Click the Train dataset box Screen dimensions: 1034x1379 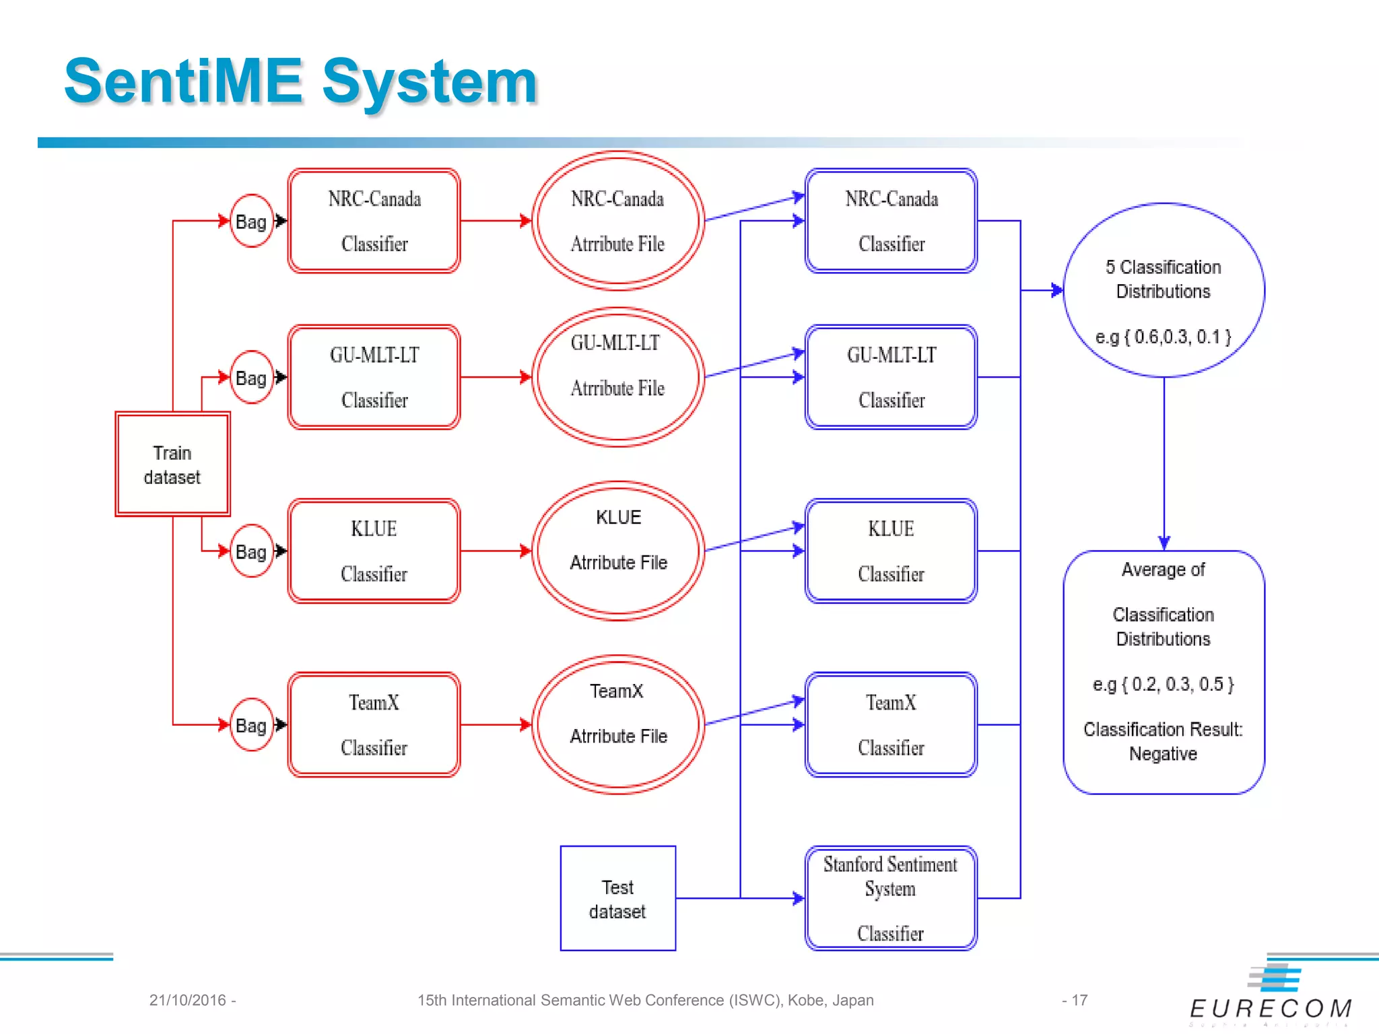pyautogui.click(x=172, y=464)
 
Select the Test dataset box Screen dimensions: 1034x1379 pyautogui.click(x=617, y=899)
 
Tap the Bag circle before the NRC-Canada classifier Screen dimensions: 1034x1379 pyautogui.click(x=250, y=221)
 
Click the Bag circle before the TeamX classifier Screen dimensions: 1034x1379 pyautogui.click(x=250, y=725)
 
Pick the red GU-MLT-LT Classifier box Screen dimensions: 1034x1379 pyautogui.click(x=374, y=377)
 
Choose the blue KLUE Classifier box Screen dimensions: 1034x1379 pyautogui.click(x=890, y=551)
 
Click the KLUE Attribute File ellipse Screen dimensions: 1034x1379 pyautogui.click(x=618, y=551)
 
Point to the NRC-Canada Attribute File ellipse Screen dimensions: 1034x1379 pyautogui.click(x=618, y=221)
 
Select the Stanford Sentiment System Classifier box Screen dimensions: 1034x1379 pyautogui.click(x=890, y=898)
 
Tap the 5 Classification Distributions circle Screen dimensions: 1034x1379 pyautogui.click(x=1163, y=289)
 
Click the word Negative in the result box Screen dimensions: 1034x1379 pyautogui.click(x=1163, y=754)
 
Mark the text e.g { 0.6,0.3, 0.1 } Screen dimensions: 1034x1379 pyautogui.click(x=1163, y=337)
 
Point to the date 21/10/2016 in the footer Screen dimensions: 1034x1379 pyautogui.click(x=187, y=1000)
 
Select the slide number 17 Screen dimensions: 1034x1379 pyautogui.click(x=1079, y=1000)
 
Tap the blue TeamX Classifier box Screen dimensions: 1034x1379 pyautogui.click(x=890, y=725)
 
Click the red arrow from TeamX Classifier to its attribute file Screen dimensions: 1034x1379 pyautogui.click(x=496, y=725)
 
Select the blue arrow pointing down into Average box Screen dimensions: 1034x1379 pyautogui.click(x=1164, y=464)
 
